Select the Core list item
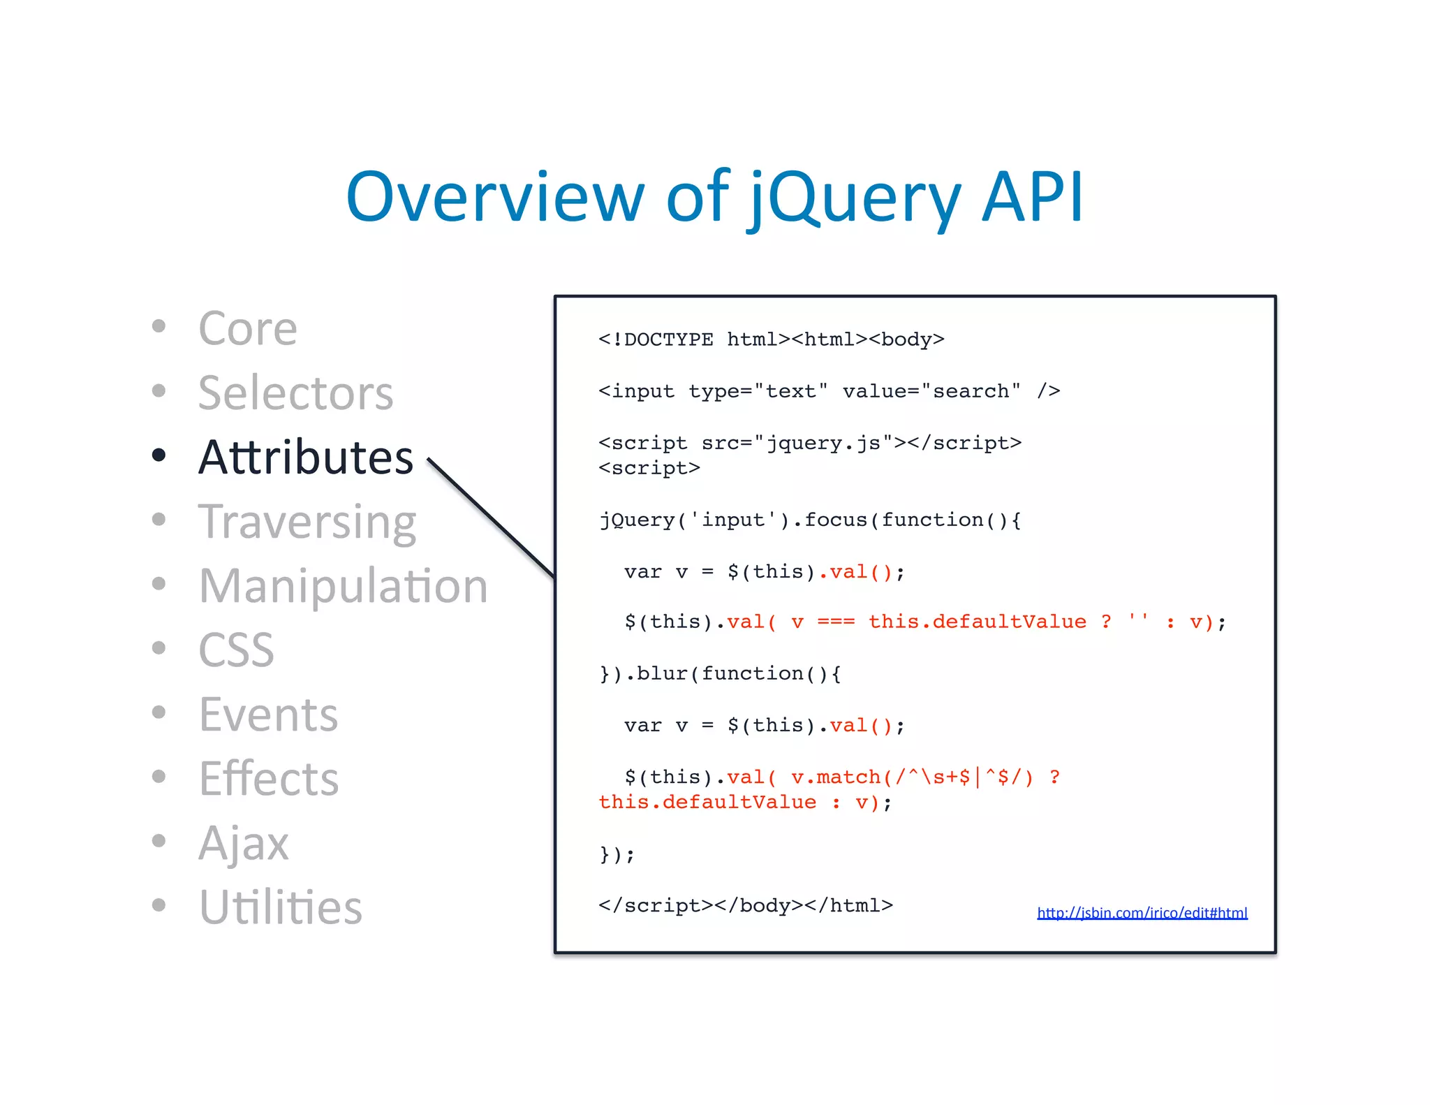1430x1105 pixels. [248, 328]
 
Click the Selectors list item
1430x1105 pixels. [295, 393]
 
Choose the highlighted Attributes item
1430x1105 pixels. [306, 458]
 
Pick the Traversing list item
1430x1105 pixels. [307, 522]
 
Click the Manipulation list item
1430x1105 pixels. [343, 586]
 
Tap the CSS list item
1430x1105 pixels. [236, 650]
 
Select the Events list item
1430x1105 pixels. [268, 715]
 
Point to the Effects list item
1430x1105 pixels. [269, 779]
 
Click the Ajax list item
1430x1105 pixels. [243, 843]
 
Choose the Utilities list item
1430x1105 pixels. [280, 907]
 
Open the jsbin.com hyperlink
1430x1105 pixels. [1142, 913]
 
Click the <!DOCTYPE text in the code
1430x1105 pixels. [656, 339]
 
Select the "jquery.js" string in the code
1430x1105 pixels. [823, 443]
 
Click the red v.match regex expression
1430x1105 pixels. [911, 777]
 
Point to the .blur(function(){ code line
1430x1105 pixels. [721, 673]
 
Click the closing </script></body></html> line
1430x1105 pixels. [745, 906]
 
